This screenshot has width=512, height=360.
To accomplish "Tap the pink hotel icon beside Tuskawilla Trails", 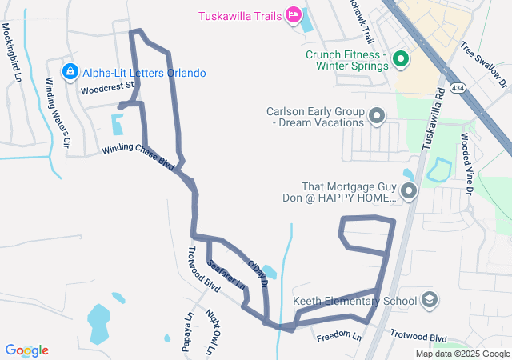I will pyautogui.click(x=294, y=14).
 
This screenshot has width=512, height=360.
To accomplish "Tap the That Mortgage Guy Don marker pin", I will pyautogui.click(x=410, y=192).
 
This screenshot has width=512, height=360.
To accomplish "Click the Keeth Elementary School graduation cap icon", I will pyautogui.click(x=430, y=301).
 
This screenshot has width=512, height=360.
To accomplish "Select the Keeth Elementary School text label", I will pyautogui.click(x=355, y=301).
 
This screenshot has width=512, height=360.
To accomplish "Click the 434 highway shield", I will pyautogui.click(x=458, y=86).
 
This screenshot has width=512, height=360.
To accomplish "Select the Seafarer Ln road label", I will pyautogui.click(x=226, y=273).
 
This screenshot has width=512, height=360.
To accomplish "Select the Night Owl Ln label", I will pyautogui.click(x=211, y=332).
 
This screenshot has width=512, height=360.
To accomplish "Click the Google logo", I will pyautogui.click(x=27, y=350).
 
